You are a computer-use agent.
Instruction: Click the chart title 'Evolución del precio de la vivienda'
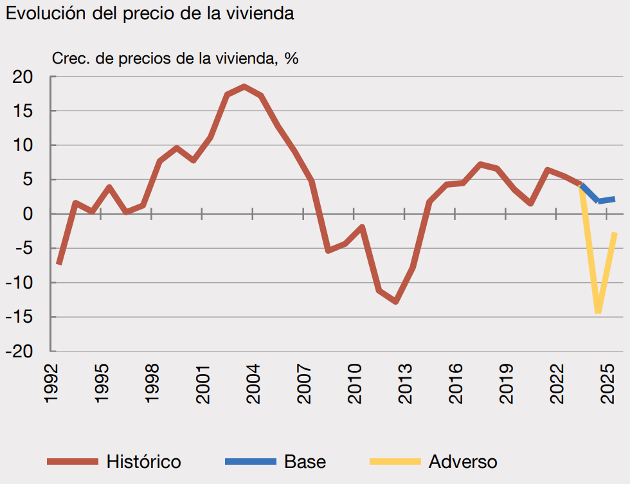pos(150,14)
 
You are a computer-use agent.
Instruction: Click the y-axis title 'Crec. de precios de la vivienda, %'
pos(175,58)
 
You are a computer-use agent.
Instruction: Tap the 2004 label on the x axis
pos(253,384)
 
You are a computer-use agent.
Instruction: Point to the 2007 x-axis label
pos(304,384)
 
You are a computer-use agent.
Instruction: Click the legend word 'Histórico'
pos(143,462)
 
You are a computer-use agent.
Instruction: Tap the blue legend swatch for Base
pos(250,462)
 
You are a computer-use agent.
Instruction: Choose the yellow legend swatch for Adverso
pos(395,462)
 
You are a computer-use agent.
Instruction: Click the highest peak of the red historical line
pos(244,86)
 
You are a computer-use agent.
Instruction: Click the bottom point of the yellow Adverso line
pos(598,312)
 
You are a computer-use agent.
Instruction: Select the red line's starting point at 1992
pos(59,264)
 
